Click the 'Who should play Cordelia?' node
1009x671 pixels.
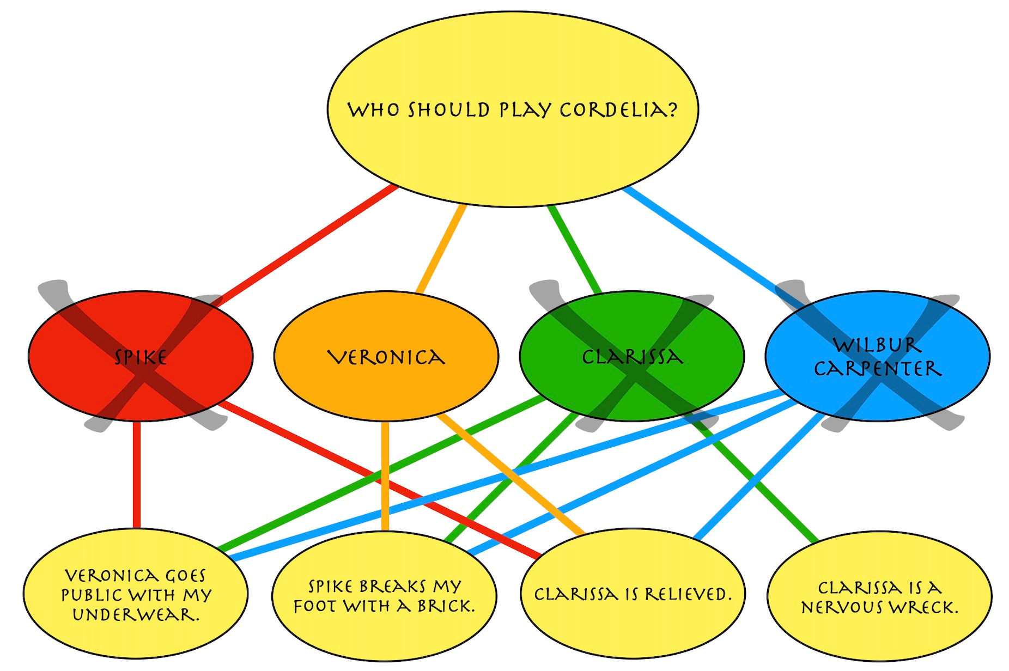512,65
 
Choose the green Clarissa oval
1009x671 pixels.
632,327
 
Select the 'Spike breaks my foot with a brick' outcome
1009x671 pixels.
384,632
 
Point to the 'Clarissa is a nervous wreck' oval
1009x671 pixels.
879,632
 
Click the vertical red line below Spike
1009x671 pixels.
136,474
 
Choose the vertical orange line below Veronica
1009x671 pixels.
385,474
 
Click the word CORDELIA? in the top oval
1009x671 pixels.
618,110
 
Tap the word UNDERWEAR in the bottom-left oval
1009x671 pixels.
136,615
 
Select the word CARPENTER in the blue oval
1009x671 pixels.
877,369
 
